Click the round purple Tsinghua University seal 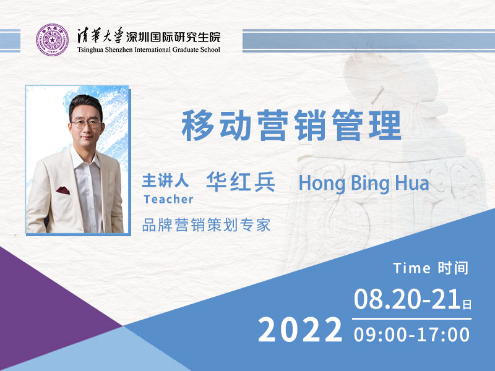[x=52, y=40]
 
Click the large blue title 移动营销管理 [x=291, y=126]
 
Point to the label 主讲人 [x=165, y=181]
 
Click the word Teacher [x=168, y=199]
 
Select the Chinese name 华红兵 [x=241, y=182]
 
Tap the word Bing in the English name [x=369, y=184]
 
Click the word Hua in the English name [x=412, y=183]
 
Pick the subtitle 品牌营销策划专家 [x=207, y=225]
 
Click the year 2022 [x=300, y=330]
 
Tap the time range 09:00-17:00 [x=411, y=335]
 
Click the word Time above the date [x=411, y=268]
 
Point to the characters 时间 [x=453, y=268]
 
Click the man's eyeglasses [x=86, y=123]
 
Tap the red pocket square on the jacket [x=63, y=190]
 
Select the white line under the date [x=411, y=319]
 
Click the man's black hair [x=86, y=104]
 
